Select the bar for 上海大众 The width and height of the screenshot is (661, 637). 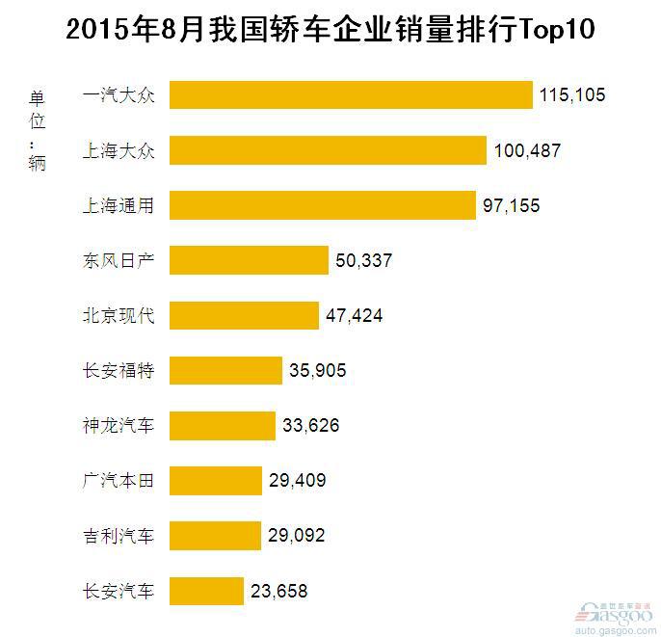(x=329, y=150)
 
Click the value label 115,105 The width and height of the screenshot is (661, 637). (x=571, y=96)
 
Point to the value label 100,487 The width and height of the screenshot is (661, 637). (x=526, y=151)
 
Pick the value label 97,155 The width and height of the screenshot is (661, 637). (x=512, y=206)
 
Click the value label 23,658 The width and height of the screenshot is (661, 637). (x=278, y=591)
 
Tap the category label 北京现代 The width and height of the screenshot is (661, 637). (x=119, y=315)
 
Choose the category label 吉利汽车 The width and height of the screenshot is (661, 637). (x=119, y=535)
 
